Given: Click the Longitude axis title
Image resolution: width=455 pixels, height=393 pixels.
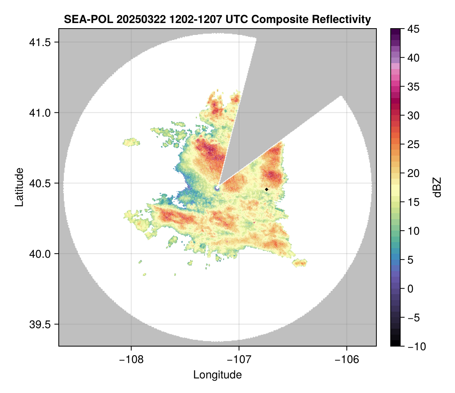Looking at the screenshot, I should tap(217, 374).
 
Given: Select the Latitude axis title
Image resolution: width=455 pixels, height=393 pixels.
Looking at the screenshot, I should tap(19, 187).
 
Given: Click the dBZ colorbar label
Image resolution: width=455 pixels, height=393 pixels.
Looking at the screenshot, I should tap(437, 187).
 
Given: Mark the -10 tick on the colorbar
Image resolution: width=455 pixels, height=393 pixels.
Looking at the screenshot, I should tap(414, 346).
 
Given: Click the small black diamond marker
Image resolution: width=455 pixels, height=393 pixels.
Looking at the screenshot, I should tap(266, 189).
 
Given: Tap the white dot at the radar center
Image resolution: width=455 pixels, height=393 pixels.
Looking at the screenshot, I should tap(217, 187).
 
